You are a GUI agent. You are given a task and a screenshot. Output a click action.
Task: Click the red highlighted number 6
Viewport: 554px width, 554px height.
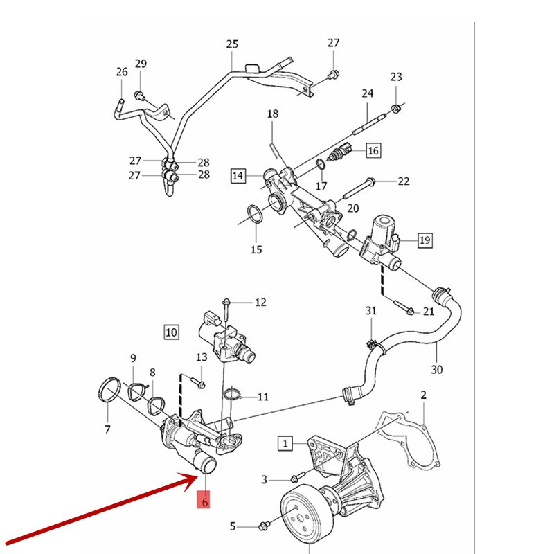pos(205,500)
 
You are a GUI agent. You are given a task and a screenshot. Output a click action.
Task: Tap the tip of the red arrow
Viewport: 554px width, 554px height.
pos(197,477)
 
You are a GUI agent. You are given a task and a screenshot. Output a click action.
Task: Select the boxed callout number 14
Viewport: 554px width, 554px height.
pos(238,176)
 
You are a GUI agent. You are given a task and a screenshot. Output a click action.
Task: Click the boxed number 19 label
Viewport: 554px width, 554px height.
pos(425,240)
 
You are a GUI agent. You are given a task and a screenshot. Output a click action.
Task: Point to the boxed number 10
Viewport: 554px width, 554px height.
pos(171,332)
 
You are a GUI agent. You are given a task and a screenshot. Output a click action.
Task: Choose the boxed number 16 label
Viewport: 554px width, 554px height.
pos(373,150)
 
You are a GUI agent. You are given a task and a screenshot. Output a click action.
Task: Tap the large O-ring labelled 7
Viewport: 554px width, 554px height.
pos(108,389)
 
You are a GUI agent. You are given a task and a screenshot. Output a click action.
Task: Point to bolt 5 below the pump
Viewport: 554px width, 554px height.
pos(264,527)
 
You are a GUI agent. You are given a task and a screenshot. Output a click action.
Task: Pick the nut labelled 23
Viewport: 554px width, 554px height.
pos(396,108)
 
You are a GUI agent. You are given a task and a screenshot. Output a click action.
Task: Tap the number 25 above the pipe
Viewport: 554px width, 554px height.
pos(232,44)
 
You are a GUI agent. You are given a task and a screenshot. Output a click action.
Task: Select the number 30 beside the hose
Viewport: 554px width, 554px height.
pos(436,369)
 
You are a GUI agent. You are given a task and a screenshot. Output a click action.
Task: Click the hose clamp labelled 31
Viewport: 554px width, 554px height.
pos(370,341)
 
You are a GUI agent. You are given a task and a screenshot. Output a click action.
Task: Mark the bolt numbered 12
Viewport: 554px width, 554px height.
pos(226,303)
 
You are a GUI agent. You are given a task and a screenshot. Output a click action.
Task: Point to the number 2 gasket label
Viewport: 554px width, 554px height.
pos(424,395)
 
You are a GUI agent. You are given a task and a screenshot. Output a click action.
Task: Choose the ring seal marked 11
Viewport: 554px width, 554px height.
pos(233,395)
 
